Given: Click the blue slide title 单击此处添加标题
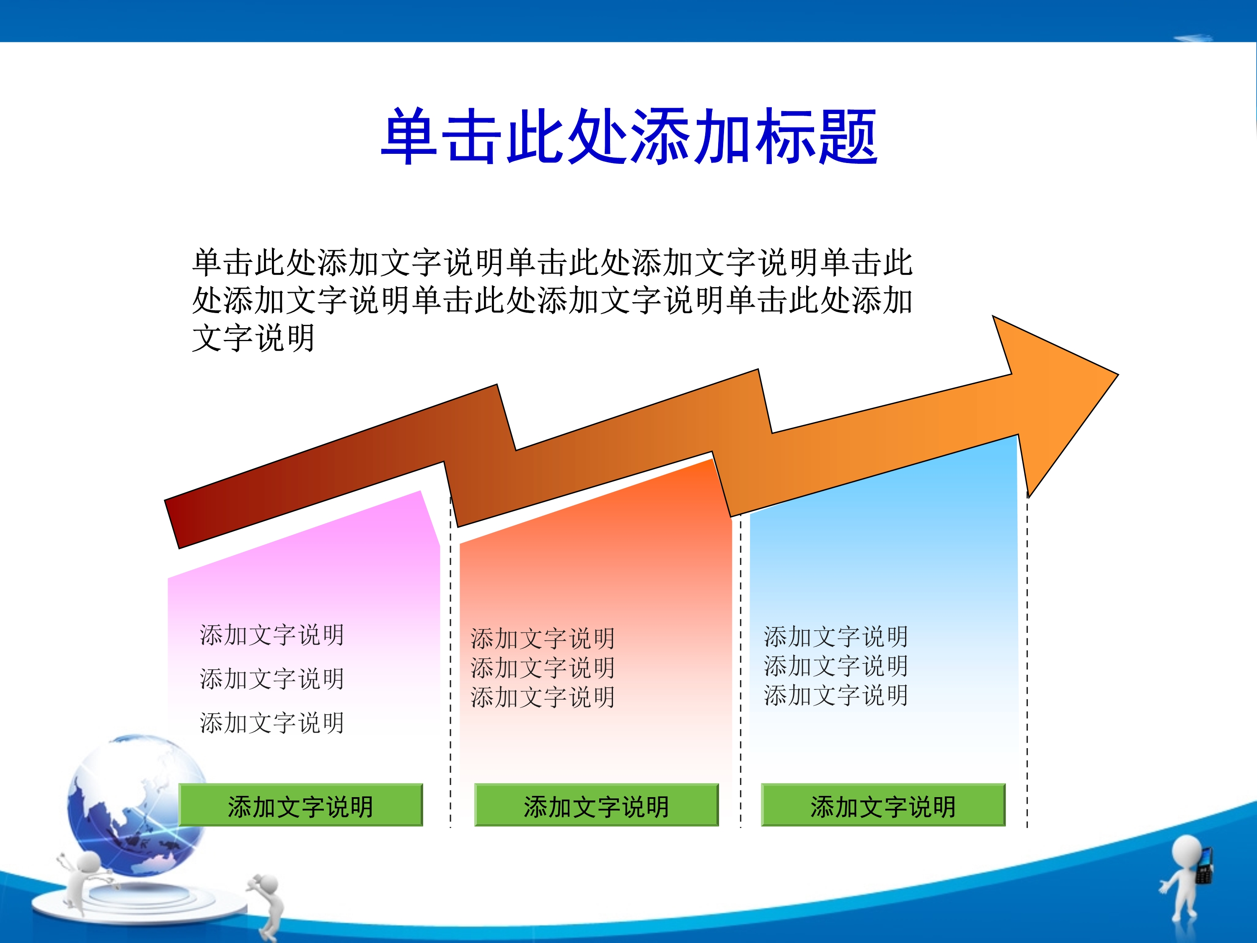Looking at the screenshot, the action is pos(628,136).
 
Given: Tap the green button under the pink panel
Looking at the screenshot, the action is pos(300,804).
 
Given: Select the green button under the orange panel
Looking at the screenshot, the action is pos(596,804).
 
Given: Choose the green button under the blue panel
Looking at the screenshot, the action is pos(883,804).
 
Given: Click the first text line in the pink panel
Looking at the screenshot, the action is pos(272,635).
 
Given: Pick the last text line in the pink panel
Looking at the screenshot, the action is pos(272,723).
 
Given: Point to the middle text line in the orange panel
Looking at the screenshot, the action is pos(543,668).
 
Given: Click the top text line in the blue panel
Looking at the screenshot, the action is pos(836,637).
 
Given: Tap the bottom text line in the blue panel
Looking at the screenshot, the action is pos(836,695).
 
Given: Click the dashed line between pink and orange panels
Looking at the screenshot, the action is pos(450,662).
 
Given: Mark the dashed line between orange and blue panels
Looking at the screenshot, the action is pos(740,671).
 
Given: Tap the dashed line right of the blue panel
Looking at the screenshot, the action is pos(1027,659).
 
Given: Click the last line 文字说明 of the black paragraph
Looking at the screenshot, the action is pos(253,338).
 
